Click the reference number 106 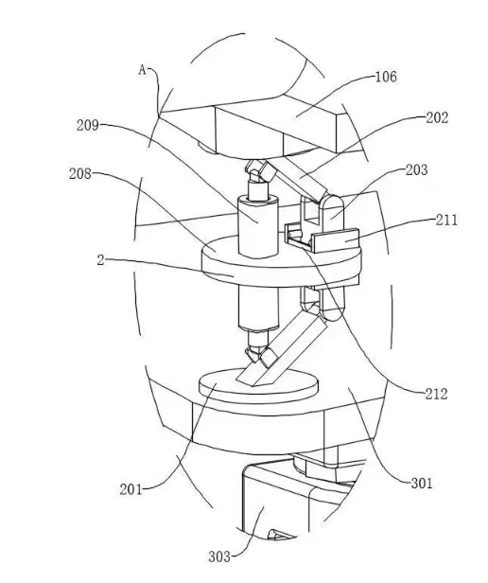[386, 77]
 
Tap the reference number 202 [437, 118]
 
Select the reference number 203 [417, 170]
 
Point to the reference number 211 [446, 221]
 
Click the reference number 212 [436, 394]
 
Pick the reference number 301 [422, 484]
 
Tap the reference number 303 [219, 556]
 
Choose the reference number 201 [131, 489]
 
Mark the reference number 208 [79, 173]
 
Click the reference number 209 [88, 125]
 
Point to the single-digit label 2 [100, 260]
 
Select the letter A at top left [143, 69]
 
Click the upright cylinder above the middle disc [258, 227]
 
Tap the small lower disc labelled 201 [259, 387]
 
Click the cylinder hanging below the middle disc [258, 307]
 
